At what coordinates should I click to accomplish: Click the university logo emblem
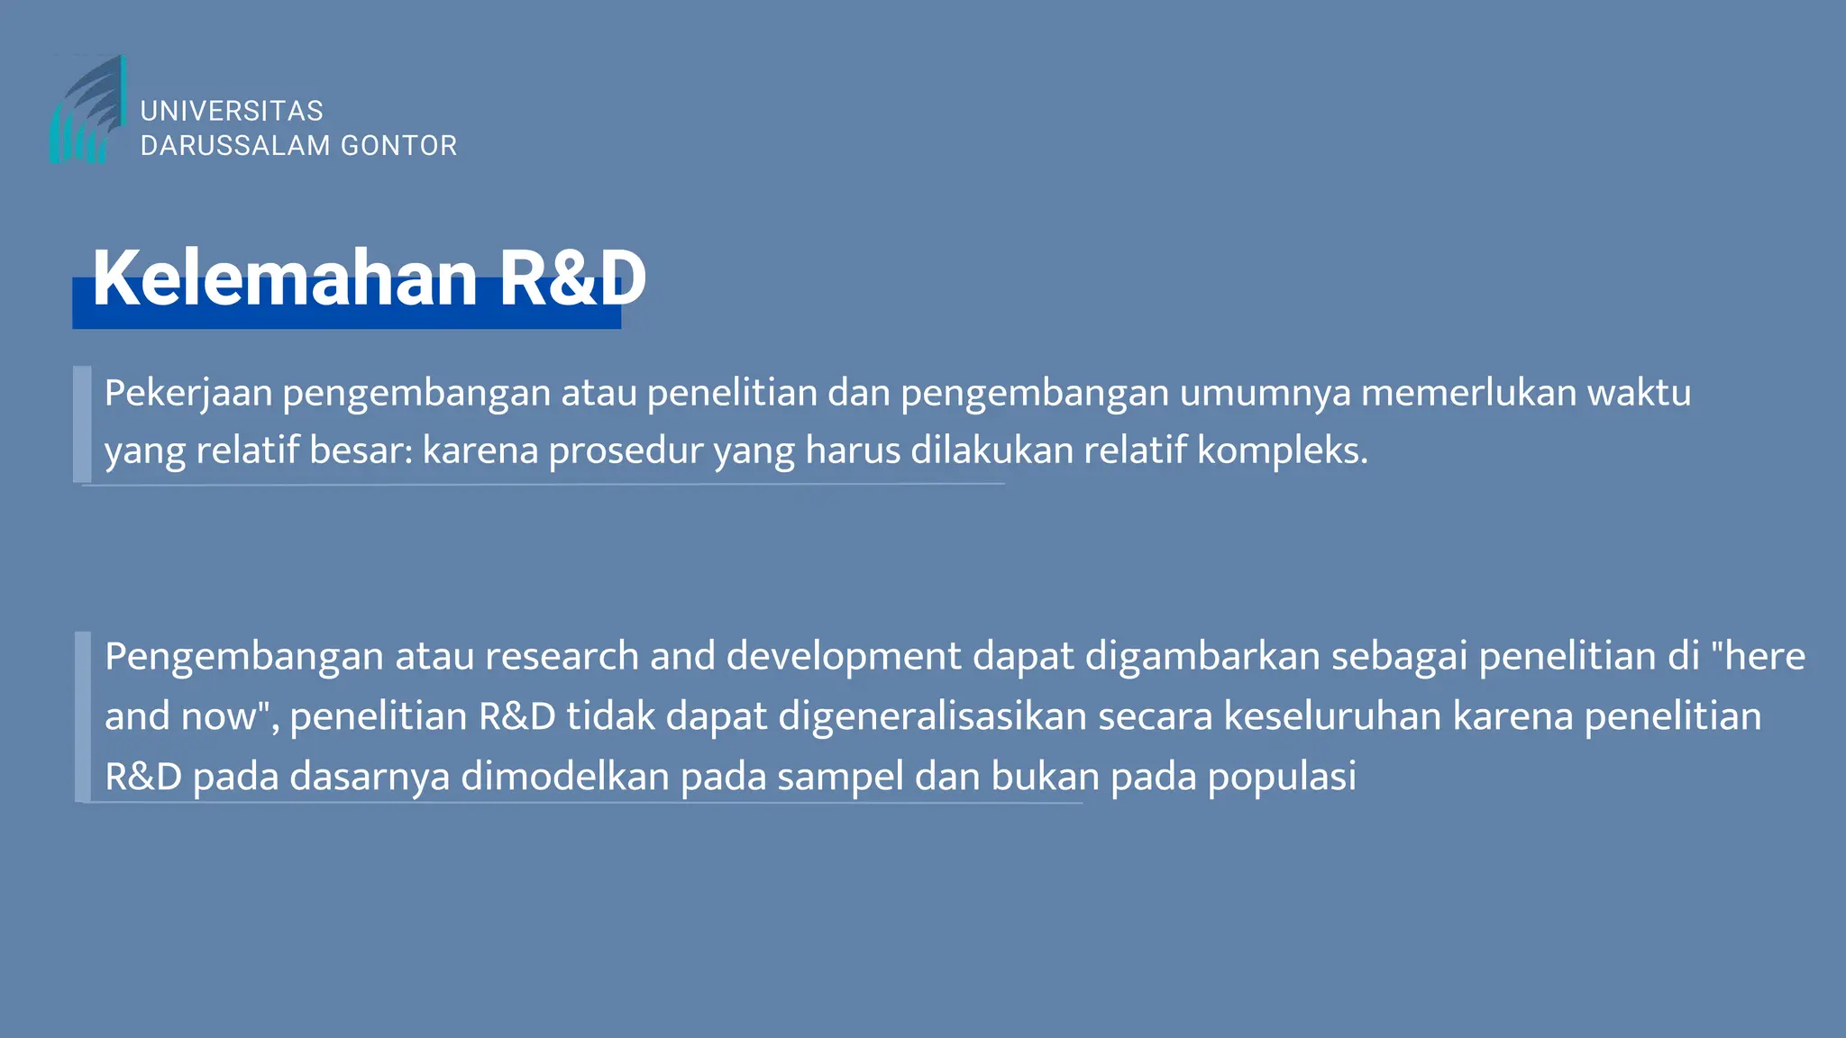87,111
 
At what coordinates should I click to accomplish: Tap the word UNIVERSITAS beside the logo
232,111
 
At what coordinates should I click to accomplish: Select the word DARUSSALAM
236,145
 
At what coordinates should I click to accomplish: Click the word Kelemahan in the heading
285,278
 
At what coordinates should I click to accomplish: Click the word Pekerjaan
188,394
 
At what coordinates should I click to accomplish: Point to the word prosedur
626,451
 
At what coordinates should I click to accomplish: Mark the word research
562,656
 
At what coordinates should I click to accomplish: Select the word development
844,658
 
